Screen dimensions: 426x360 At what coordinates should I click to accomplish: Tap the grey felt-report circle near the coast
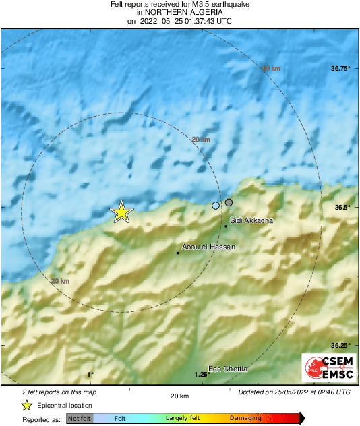(x=229, y=202)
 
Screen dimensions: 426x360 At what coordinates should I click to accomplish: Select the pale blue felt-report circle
(x=216, y=206)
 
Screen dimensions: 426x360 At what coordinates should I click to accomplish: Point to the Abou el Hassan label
(x=209, y=247)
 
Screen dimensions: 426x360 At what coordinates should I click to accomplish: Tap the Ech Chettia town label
(x=228, y=369)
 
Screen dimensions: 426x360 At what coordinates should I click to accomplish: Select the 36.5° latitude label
(x=340, y=208)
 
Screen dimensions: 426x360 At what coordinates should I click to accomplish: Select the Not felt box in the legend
(x=80, y=419)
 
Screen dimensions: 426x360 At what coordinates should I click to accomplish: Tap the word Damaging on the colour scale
(x=245, y=419)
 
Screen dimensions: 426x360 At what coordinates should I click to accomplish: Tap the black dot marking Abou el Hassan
(x=177, y=253)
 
